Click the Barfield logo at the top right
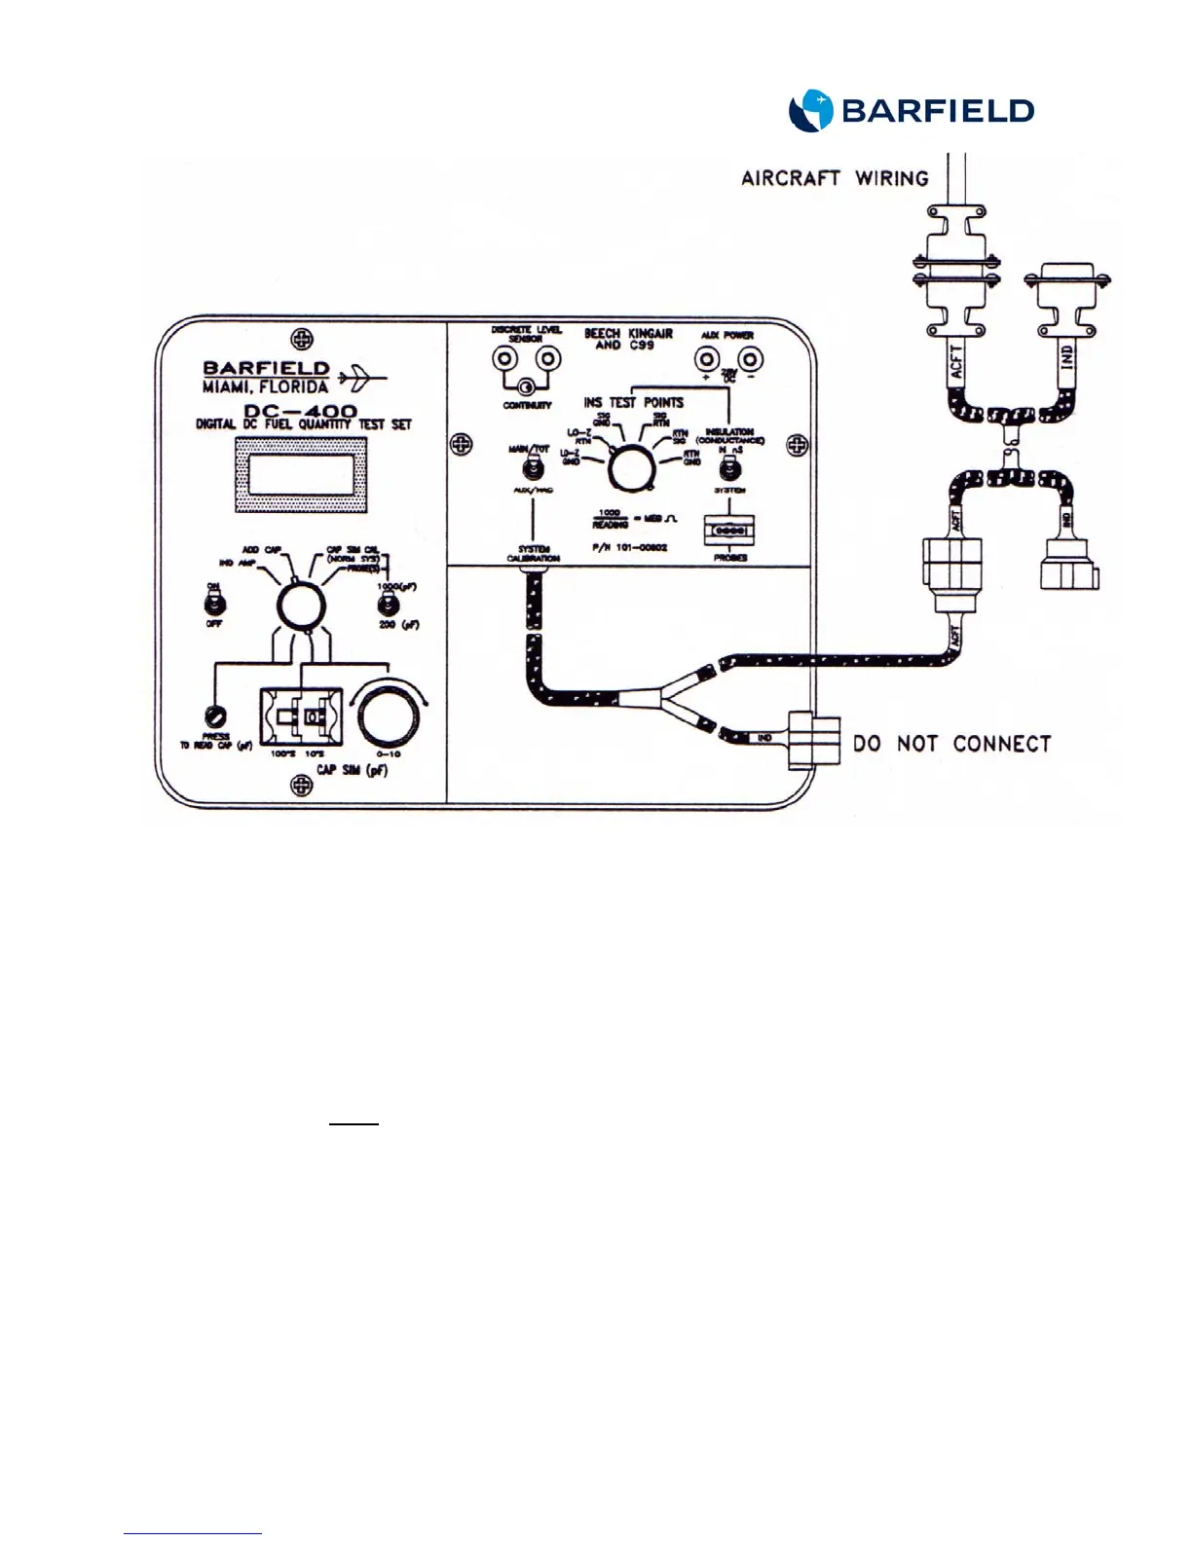tap(911, 111)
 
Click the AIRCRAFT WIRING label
tap(835, 178)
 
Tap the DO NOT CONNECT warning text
tap(951, 744)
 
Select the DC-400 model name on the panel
tap(300, 411)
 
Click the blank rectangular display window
tap(302, 475)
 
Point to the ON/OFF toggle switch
tap(213, 604)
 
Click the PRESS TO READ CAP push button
tap(216, 719)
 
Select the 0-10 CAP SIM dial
tap(389, 716)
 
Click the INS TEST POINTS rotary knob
tap(630, 469)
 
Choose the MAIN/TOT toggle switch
tap(534, 467)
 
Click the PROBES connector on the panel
tap(729, 531)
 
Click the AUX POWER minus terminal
tap(750, 359)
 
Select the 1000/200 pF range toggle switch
tap(389, 606)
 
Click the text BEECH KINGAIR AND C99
tap(628, 339)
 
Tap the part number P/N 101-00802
tap(629, 548)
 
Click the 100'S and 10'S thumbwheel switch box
tap(300, 716)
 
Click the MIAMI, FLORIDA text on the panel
tap(265, 386)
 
